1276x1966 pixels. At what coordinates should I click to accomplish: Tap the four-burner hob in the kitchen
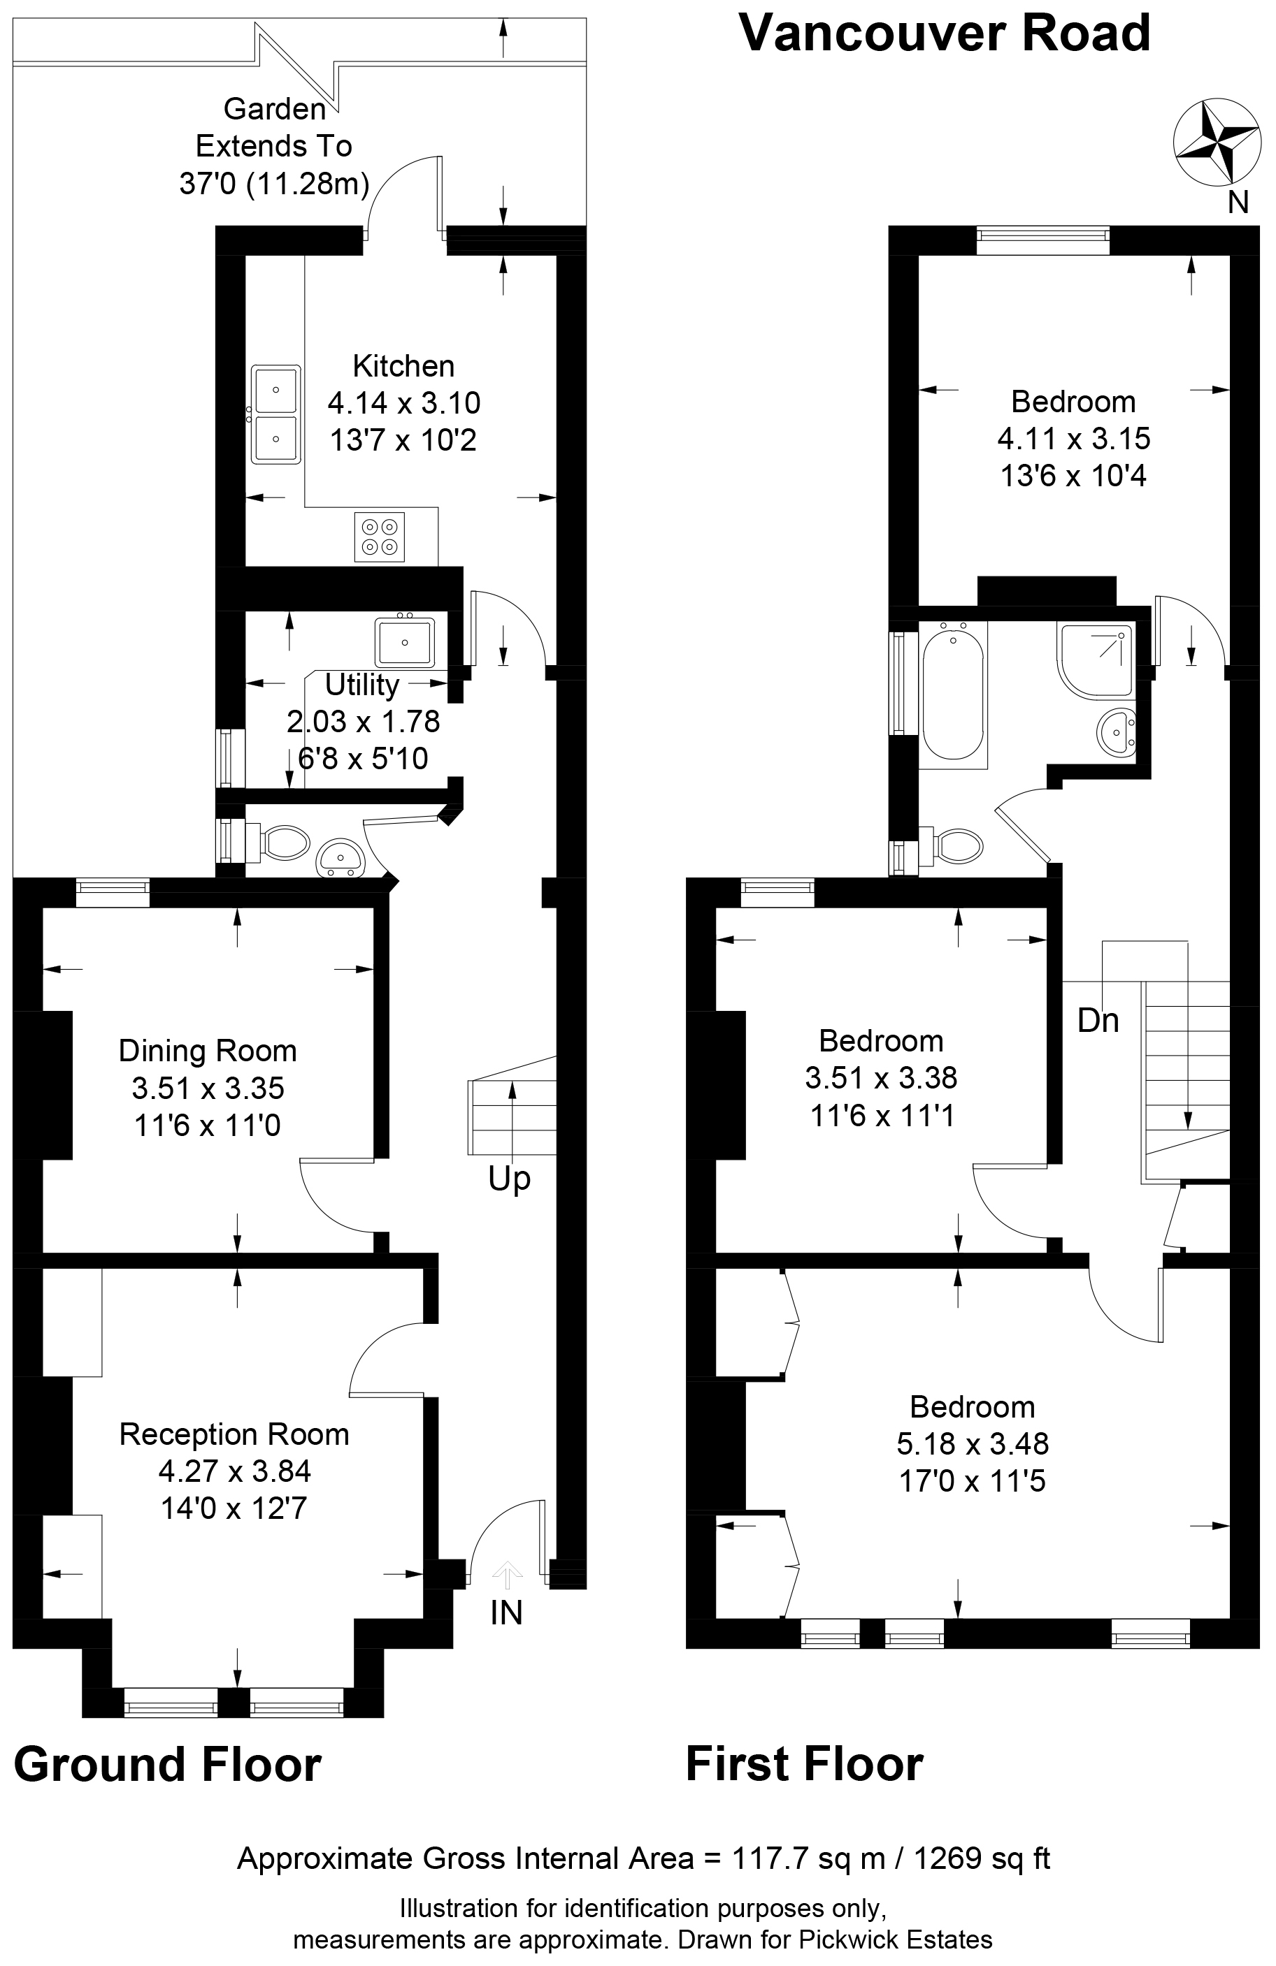click(380, 537)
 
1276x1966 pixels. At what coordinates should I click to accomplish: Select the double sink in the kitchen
click(276, 416)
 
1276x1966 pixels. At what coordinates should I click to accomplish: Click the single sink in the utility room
click(404, 641)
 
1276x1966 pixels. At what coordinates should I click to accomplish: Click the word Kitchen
click(403, 366)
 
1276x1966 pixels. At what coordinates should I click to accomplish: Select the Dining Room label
click(208, 1051)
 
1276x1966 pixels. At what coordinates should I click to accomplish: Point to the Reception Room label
click(234, 1434)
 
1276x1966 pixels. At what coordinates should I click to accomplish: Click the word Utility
click(362, 685)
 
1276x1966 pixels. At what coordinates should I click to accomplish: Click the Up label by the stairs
click(509, 1179)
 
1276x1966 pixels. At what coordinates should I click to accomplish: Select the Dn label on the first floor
click(1098, 1021)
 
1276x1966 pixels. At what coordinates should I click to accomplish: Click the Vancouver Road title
click(945, 34)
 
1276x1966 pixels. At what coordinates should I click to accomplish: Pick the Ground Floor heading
click(168, 1765)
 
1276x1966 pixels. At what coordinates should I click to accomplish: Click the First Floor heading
click(804, 1765)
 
